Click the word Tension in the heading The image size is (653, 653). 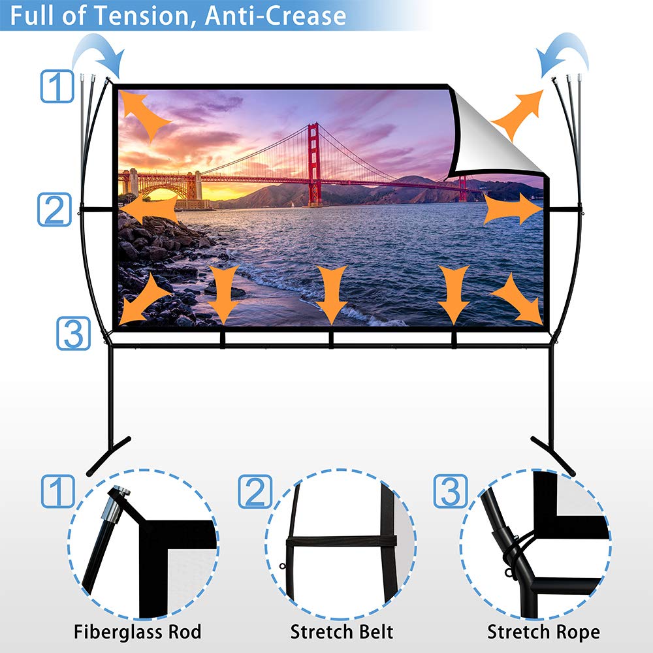(142, 16)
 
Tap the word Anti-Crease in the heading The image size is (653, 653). (276, 16)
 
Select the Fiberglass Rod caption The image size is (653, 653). (137, 631)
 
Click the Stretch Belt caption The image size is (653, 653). (342, 631)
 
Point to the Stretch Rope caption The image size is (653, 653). (543, 632)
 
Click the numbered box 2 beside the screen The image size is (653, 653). (55, 210)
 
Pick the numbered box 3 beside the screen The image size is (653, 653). (73, 333)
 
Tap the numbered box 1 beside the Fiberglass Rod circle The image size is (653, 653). (58, 491)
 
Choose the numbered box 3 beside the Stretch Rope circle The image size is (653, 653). (450, 491)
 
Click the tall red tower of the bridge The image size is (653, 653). (315, 165)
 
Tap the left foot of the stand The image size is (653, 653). (109, 455)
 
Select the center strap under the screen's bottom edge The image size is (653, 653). (331, 340)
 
